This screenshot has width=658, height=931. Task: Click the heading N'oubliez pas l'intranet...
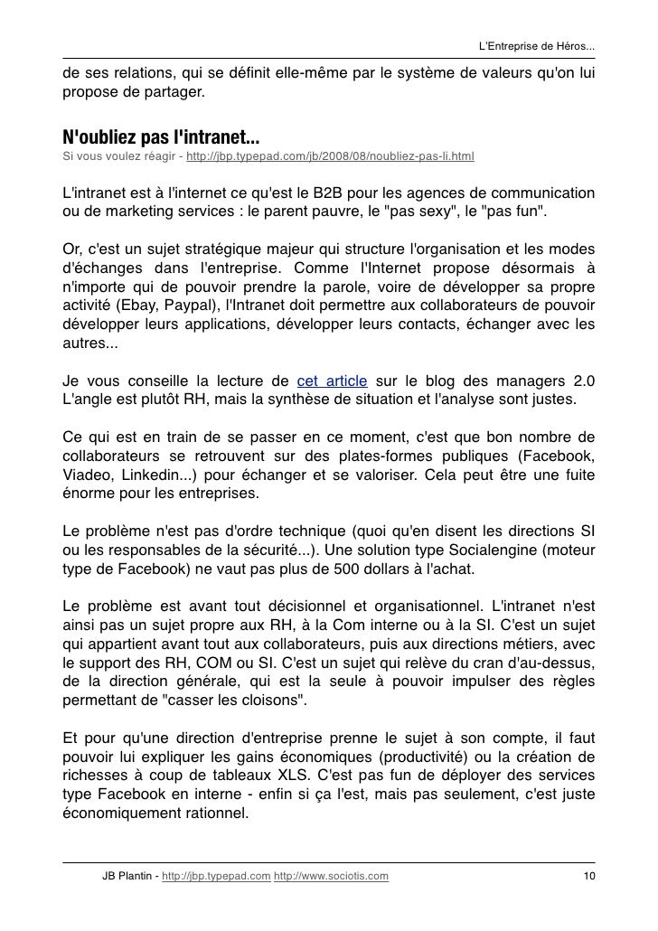tap(161, 138)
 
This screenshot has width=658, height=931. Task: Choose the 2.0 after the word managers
tap(583, 379)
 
